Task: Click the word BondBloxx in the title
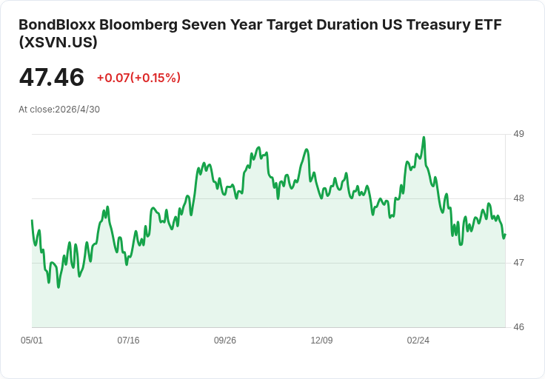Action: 57,25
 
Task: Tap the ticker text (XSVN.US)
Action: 58,42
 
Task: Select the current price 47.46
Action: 51,77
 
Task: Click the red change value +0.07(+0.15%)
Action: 138,78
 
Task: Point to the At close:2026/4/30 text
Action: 59,110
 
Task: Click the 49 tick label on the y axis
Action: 518,134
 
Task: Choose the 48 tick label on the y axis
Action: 518,198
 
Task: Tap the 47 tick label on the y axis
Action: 518,263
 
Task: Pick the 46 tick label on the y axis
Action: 518,327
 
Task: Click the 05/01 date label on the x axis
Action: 32,341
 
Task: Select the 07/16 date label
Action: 128,341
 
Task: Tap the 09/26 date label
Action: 225,341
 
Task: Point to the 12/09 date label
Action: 321,341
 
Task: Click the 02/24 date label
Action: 418,341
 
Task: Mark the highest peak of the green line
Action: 424,137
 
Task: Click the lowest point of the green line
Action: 58,287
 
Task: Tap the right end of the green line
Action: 505,235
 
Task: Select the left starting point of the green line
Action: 32,221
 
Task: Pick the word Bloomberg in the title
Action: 138,25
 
